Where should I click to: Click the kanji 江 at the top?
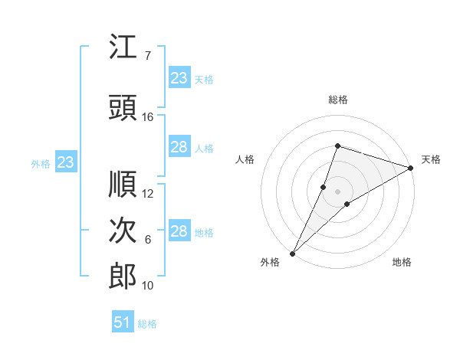(x=123, y=46)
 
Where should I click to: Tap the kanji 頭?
(x=123, y=107)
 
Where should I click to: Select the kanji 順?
(x=123, y=184)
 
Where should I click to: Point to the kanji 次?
(x=123, y=230)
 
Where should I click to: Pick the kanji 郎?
(x=123, y=277)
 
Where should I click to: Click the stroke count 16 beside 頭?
(x=147, y=117)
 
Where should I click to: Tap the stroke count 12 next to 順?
(x=147, y=194)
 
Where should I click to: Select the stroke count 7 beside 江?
(x=148, y=56)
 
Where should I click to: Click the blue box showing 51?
(x=123, y=321)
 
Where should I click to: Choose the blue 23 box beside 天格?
(x=179, y=77)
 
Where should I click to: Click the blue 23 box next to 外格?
(x=66, y=162)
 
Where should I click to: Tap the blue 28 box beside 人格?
(x=179, y=146)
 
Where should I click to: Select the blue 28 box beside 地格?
(x=179, y=230)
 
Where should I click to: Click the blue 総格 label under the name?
(x=147, y=324)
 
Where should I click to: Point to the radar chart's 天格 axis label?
(x=431, y=159)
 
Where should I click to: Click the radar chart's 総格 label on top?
(x=338, y=100)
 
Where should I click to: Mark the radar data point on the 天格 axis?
(x=411, y=168)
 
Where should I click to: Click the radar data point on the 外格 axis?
(x=293, y=254)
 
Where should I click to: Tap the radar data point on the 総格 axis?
(x=337, y=146)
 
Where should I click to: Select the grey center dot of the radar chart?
(x=337, y=191)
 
